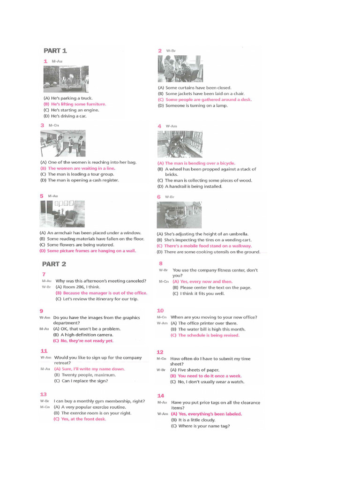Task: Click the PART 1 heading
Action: pos(55,51)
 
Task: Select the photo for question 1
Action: pos(66,79)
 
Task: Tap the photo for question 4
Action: pos(180,144)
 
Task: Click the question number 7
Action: pos(44,274)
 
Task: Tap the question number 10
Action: pos(160,310)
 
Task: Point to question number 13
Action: pos(44,394)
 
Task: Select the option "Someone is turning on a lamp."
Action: pos(193,105)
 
